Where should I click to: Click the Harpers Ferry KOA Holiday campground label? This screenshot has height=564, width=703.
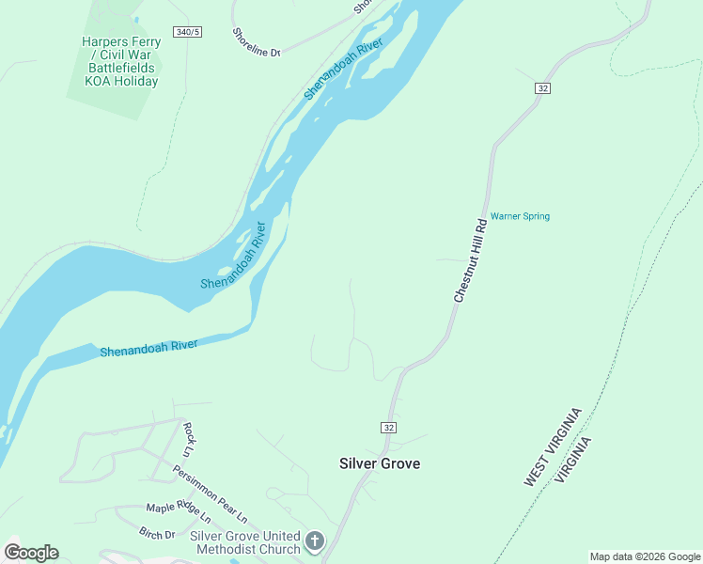click(120, 61)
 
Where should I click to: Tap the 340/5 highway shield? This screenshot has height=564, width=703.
click(188, 32)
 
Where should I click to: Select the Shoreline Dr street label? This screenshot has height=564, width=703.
click(257, 42)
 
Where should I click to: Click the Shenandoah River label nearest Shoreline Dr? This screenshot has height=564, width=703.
click(343, 70)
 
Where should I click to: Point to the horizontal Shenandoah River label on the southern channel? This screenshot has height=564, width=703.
click(148, 348)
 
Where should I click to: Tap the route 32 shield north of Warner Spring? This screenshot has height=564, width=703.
click(543, 87)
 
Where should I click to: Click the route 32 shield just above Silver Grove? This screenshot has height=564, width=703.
click(388, 428)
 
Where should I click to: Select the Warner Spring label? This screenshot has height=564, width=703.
click(520, 216)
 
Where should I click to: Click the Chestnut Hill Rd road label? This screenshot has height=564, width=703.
click(470, 260)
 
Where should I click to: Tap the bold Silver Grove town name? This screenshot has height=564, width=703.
click(380, 463)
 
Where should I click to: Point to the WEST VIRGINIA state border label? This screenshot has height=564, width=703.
click(554, 446)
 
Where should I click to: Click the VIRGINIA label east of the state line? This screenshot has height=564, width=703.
click(574, 460)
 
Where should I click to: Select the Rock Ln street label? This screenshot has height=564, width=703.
click(189, 433)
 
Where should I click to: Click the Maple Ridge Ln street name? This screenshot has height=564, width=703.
click(179, 513)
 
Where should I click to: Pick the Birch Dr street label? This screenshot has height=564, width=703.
click(157, 535)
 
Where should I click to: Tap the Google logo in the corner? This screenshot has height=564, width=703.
click(31, 553)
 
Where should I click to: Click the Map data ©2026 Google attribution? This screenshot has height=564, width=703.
click(644, 556)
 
